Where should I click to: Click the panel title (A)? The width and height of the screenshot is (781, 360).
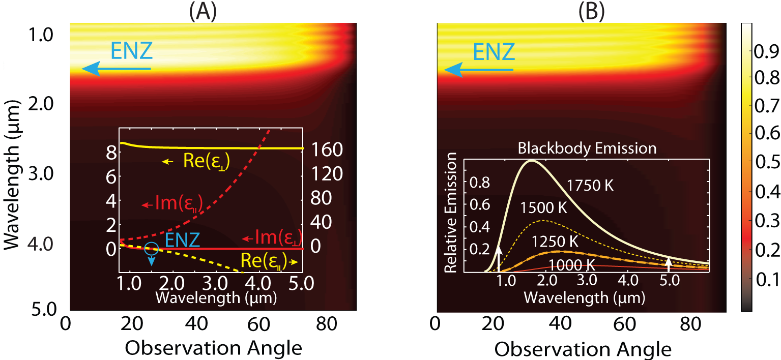pyautogui.click(x=203, y=11)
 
